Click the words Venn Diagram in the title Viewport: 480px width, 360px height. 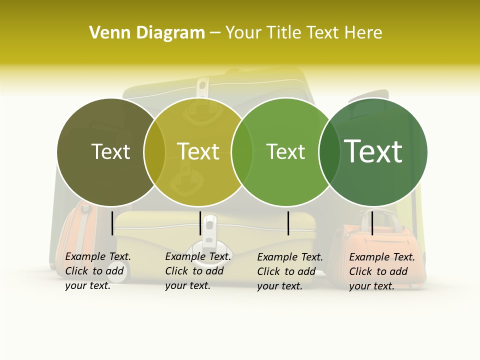[x=147, y=33]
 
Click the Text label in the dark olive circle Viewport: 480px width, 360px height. [x=110, y=151]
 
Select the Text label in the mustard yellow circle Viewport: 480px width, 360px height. [x=198, y=151]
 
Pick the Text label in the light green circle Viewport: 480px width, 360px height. [x=285, y=151]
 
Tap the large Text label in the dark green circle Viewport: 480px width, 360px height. [x=373, y=151]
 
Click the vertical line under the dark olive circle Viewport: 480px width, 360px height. [x=112, y=223]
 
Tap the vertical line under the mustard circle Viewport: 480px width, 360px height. [x=200, y=223]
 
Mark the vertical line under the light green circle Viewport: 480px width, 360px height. [x=288, y=223]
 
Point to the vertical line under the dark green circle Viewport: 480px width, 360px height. [x=372, y=223]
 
